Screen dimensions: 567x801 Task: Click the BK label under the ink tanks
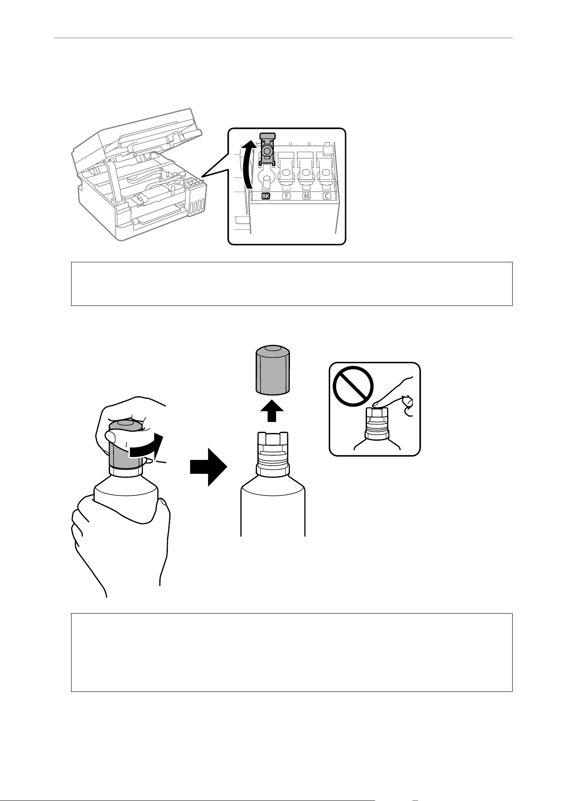pyautogui.click(x=266, y=196)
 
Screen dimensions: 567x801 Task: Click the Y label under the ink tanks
pyautogui.click(x=286, y=196)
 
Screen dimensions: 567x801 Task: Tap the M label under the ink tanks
pyautogui.click(x=306, y=196)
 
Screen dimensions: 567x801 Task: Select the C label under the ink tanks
pyautogui.click(x=327, y=196)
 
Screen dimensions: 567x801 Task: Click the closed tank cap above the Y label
pyautogui.click(x=286, y=171)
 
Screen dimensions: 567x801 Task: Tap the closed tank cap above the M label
pyautogui.click(x=306, y=171)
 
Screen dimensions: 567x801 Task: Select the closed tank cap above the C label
pyautogui.click(x=326, y=171)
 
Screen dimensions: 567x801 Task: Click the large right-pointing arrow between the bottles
pyautogui.click(x=209, y=467)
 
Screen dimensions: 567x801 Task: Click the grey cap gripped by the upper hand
pyautogui.click(x=125, y=445)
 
